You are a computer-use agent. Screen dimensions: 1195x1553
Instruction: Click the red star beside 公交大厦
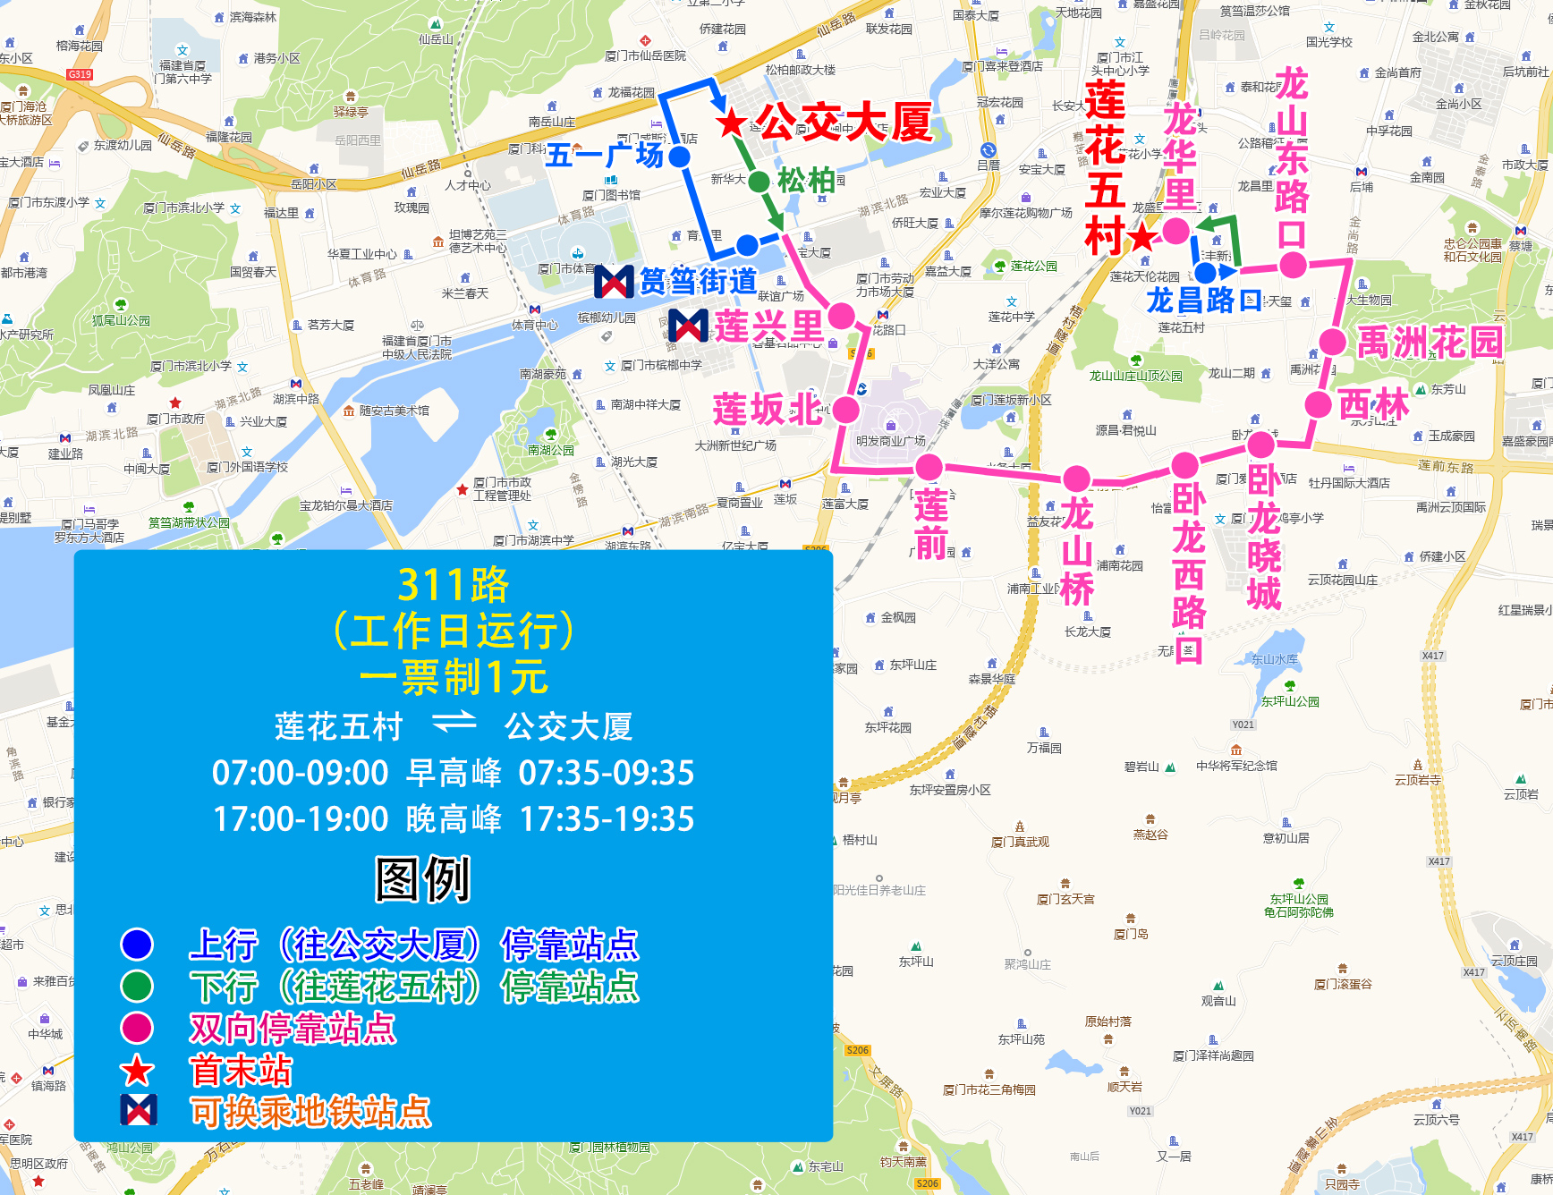[x=732, y=123]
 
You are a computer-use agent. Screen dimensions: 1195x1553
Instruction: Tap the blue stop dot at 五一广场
[x=680, y=157]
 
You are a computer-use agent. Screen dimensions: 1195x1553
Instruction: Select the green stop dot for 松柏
[x=759, y=182]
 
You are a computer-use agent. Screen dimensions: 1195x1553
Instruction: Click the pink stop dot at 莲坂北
[x=845, y=410]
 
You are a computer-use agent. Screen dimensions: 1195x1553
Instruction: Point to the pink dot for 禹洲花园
[x=1332, y=342]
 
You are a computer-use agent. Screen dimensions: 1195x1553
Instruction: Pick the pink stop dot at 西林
[x=1318, y=404]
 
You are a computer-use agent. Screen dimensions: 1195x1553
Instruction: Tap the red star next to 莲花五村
[x=1141, y=238]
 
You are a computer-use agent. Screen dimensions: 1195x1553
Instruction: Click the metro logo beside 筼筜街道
[x=614, y=282]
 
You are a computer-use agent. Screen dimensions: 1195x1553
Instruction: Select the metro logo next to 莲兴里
[x=688, y=326]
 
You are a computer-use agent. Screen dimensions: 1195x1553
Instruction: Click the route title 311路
[x=453, y=586]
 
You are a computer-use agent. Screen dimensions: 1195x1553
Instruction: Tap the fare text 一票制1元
[x=453, y=677]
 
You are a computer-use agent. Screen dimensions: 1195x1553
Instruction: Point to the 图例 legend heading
[x=422, y=879]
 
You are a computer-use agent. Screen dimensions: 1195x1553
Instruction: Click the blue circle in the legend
[x=137, y=945]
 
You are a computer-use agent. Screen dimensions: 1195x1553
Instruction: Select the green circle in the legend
[x=137, y=986]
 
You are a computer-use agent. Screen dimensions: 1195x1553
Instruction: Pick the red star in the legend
[x=137, y=1071]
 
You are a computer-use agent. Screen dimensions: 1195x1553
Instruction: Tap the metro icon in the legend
[x=139, y=1110]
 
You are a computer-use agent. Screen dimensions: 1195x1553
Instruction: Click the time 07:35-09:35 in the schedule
[x=607, y=773]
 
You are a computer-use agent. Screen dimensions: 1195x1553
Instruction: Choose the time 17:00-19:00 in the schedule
[x=301, y=818]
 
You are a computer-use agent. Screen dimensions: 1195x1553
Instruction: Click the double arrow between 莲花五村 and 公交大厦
[x=454, y=723]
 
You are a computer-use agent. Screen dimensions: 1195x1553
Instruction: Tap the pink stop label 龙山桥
[x=1077, y=552]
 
